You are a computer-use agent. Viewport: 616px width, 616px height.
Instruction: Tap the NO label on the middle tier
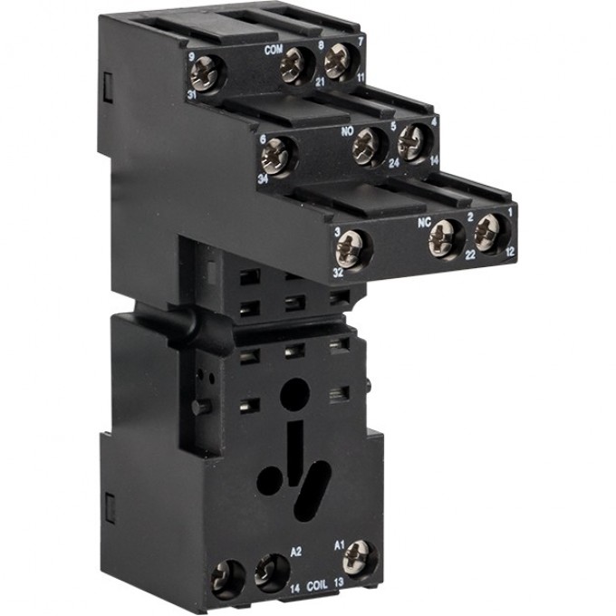tap(346, 130)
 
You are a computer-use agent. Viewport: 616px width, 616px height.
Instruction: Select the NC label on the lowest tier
tap(422, 217)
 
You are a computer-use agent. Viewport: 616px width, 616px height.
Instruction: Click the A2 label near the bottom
tap(271, 550)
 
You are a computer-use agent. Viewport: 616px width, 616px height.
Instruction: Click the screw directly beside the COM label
tap(295, 64)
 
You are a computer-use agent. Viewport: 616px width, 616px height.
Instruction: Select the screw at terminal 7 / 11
tap(338, 61)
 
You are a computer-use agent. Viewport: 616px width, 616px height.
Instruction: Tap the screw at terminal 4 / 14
tap(412, 142)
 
